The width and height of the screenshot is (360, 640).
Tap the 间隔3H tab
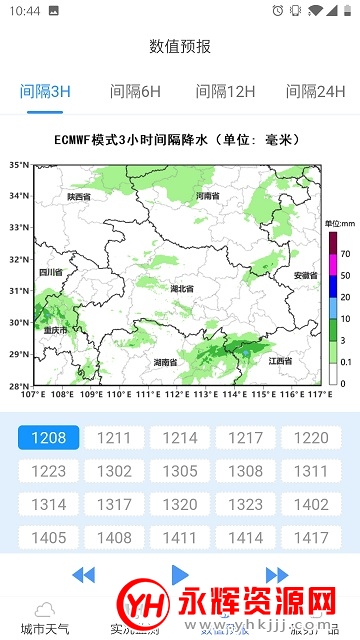point(46,92)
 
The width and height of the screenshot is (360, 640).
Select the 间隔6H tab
point(135,92)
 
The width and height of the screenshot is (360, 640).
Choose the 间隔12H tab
point(225,92)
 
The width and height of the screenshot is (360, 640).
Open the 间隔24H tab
point(315,92)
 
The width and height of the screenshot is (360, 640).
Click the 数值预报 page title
point(180,46)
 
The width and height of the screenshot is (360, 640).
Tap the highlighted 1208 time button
point(48,438)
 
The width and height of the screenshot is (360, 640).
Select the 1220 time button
point(311,438)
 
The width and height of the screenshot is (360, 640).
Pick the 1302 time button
point(114,471)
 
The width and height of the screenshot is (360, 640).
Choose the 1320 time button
point(180,504)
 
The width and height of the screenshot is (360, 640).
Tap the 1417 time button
point(311,537)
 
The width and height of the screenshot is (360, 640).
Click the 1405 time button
point(48,537)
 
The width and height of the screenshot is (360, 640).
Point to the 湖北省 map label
point(182,289)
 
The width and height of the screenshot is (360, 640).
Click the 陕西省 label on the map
point(79,197)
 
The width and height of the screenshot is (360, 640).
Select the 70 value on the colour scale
point(345,255)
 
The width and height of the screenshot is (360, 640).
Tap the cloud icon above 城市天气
point(45,609)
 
